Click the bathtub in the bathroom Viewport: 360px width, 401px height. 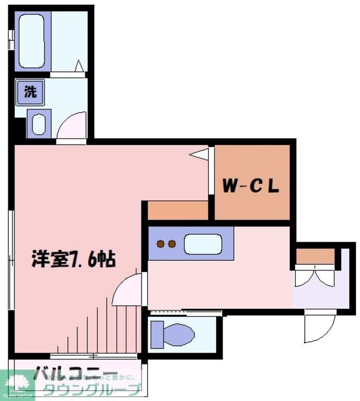tap(33, 40)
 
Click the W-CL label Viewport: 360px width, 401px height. tap(251, 186)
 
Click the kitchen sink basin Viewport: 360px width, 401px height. tap(203, 245)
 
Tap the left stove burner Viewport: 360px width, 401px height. tap(160, 244)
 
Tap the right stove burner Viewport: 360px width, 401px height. tap(172, 244)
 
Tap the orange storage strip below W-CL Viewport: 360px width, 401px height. tap(178, 210)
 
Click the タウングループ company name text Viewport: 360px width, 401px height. tap(89, 391)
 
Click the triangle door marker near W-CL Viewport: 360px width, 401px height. tap(199, 154)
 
